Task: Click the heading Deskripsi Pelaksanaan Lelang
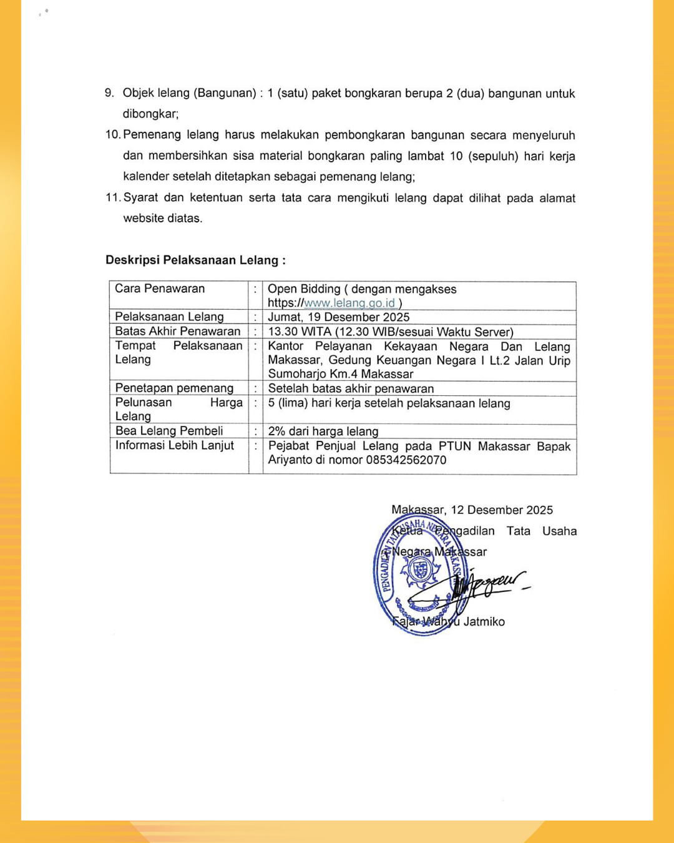pos(195,260)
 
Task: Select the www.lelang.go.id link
pos(349,303)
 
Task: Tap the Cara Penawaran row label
pos(160,288)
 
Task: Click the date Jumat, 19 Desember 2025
pos(339,317)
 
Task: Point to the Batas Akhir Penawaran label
pos(178,332)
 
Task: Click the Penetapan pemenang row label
pos(174,388)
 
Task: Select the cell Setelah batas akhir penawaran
pos(351,388)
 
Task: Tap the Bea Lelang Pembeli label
pos(169,431)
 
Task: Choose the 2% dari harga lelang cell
pos(323,431)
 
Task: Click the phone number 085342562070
pos(406,460)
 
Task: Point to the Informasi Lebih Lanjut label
pos(175,445)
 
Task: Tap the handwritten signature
pos(490,584)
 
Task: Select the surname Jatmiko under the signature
pos(484,622)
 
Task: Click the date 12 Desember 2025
pos(502,510)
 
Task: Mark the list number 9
pos(109,93)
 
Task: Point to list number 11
pos(112,198)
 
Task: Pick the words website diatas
pos(162,219)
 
